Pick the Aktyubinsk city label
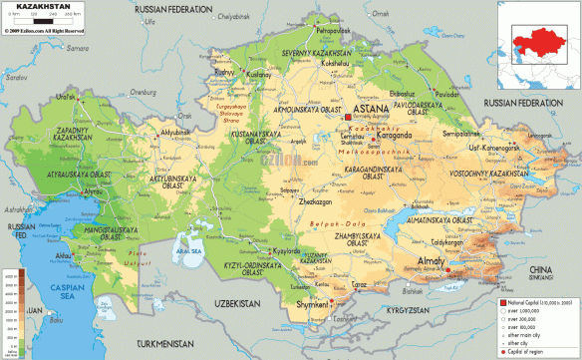pos(177,132)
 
